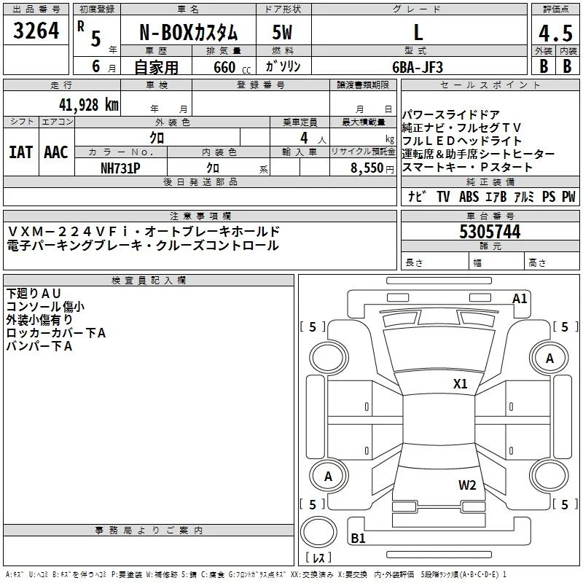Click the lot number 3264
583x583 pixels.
36,31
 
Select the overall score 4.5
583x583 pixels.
555,33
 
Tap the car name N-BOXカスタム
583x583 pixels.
188,33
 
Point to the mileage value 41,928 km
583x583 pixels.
88,105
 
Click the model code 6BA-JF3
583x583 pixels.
418,67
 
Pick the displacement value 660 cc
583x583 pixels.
232,68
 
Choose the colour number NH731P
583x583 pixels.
120,168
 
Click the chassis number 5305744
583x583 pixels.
490,232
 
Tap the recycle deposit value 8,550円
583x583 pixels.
372,168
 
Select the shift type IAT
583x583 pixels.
21,152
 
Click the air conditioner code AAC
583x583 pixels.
56,152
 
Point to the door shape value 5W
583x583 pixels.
283,32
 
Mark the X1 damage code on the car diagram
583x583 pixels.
460,384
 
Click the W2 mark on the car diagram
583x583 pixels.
467,485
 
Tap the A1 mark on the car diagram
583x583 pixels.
520,299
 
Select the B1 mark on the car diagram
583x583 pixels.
358,538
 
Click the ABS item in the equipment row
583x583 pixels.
469,196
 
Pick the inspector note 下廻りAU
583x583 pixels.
34,294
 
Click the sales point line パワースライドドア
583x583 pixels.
450,114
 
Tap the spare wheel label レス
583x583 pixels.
318,557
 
